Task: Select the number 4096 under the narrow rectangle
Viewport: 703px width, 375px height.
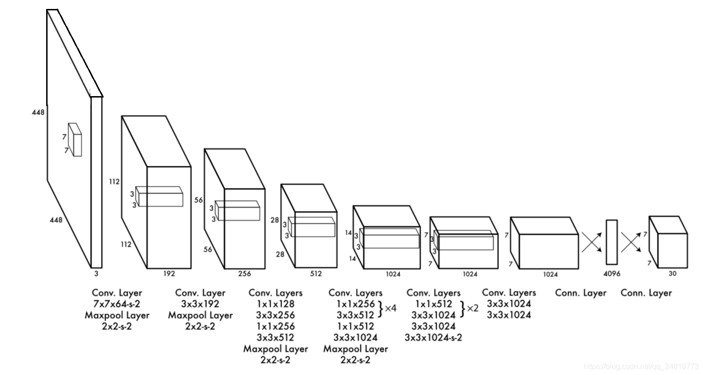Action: (x=612, y=273)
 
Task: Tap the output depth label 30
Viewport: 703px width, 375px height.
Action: (x=672, y=273)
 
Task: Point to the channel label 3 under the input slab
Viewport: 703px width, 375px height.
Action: (x=96, y=273)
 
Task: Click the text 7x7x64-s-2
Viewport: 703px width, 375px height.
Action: (x=117, y=304)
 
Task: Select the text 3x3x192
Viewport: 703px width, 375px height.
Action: (x=200, y=304)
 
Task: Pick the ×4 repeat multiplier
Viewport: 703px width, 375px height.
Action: (x=390, y=309)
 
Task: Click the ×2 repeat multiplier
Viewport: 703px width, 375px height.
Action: (x=472, y=309)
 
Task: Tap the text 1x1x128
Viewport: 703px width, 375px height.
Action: (x=275, y=304)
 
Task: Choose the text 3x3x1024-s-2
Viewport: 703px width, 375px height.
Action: (x=433, y=337)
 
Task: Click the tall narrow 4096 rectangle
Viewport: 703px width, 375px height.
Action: (x=612, y=242)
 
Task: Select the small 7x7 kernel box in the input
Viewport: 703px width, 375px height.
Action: (x=75, y=140)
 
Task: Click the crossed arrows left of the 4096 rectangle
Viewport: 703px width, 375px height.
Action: (x=592, y=242)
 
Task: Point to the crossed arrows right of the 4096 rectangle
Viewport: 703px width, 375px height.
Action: (x=631, y=242)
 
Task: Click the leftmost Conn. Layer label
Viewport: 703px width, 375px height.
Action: (x=581, y=293)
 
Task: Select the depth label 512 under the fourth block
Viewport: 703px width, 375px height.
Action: (x=315, y=273)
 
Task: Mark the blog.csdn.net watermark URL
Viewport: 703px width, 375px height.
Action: (x=641, y=367)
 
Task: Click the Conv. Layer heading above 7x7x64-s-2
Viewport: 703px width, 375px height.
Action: (x=117, y=293)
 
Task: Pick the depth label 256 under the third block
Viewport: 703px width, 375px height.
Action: (x=244, y=273)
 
